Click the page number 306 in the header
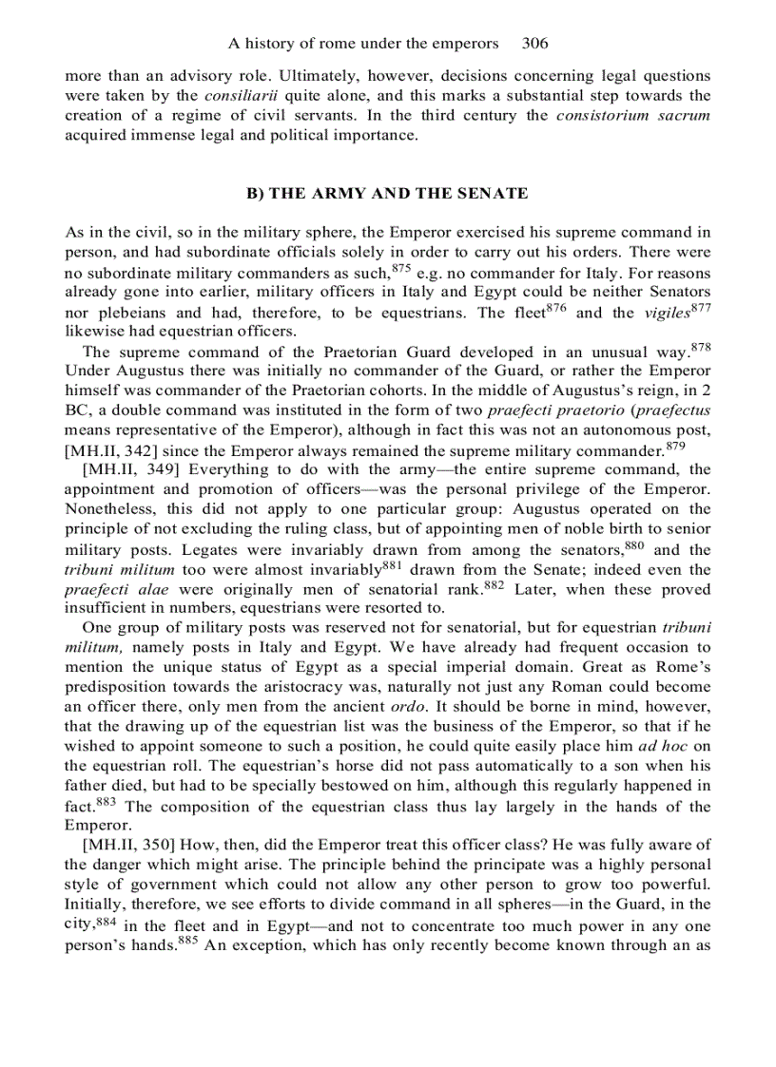click(535, 44)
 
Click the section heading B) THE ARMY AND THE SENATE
click(387, 193)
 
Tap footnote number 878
click(700, 346)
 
